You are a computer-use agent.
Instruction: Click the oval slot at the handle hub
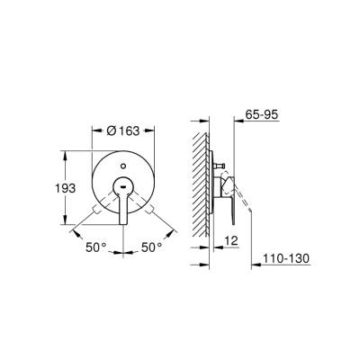123,185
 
